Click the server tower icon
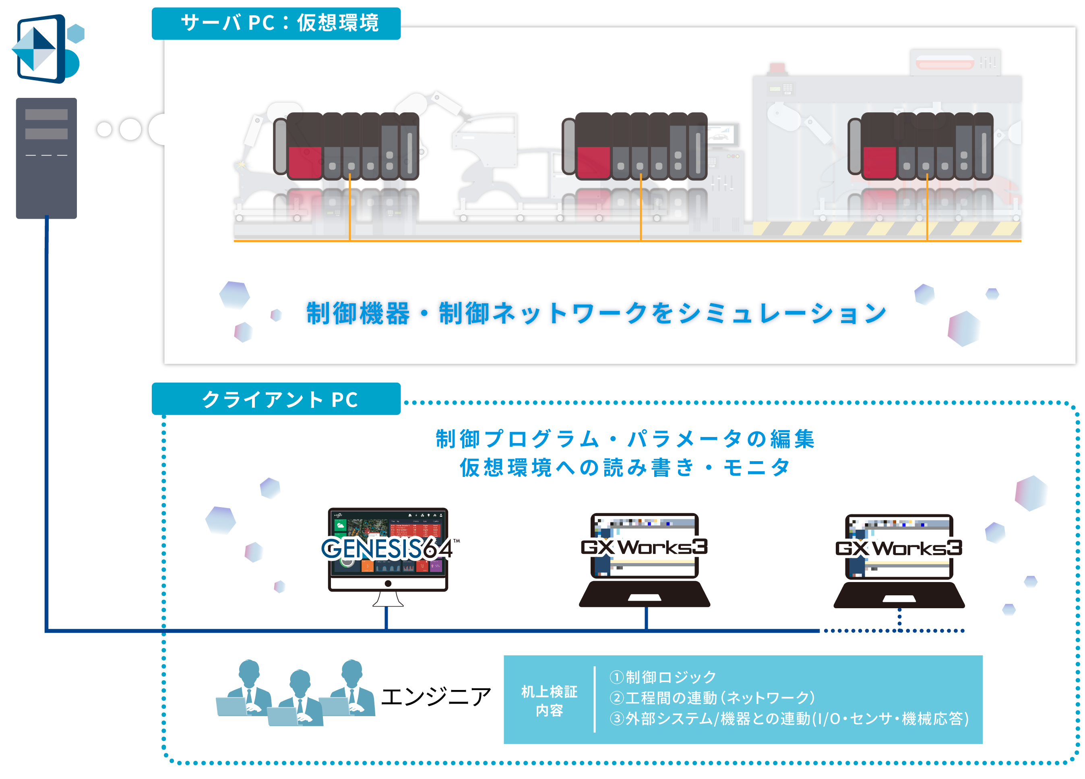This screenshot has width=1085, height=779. [46, 158]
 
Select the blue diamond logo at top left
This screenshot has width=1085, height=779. [35, 49]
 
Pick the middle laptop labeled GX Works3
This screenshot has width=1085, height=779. [645, 560]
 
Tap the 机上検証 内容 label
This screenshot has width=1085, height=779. [549, 700]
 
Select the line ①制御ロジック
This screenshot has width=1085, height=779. [663, 677]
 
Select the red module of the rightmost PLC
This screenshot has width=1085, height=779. [879, 162]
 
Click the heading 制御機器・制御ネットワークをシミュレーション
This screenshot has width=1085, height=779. [597, 313]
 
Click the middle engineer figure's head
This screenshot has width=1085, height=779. [300, 680]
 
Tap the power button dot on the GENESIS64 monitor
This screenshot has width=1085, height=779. [388, 583]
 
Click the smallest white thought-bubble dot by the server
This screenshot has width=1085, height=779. [104, 129]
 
